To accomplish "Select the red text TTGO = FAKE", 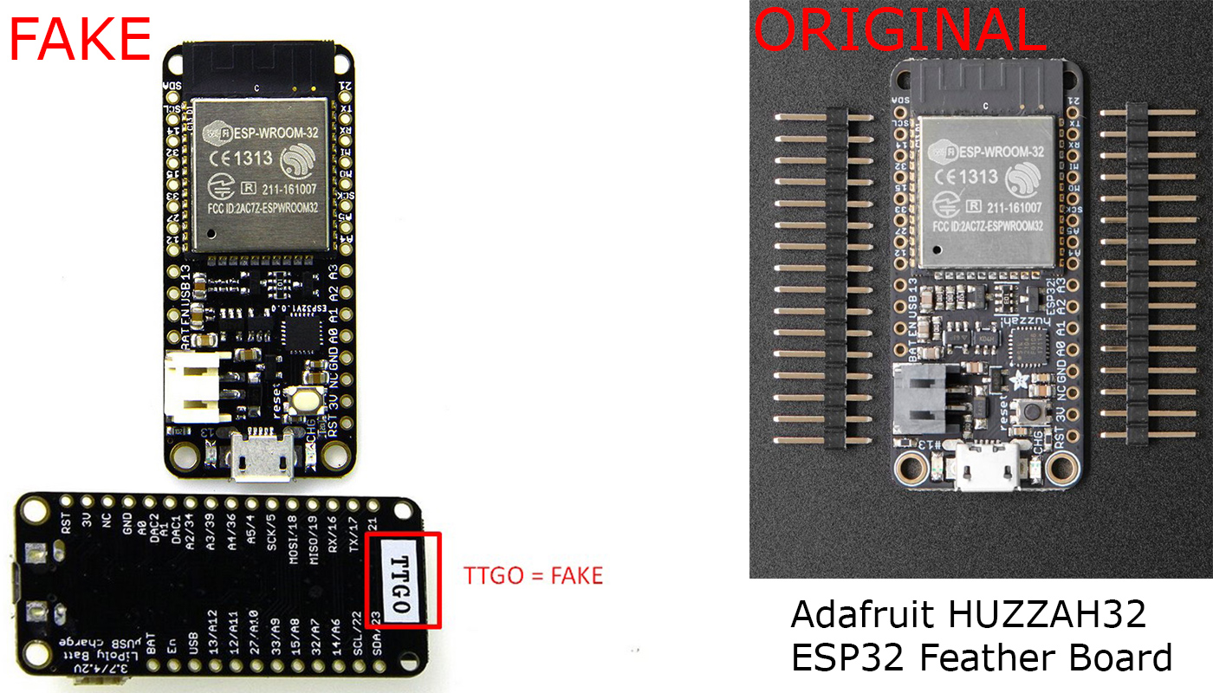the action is (x=533, y=575).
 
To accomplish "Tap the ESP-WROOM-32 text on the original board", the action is (x=997, y=150).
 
